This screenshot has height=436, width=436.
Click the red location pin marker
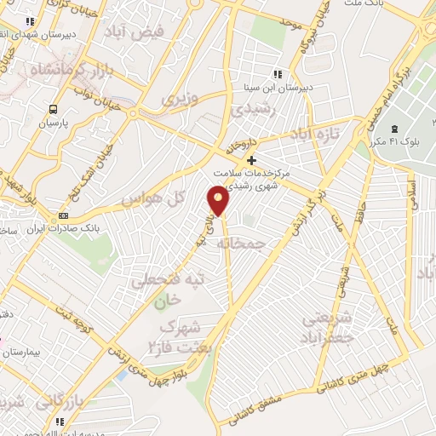pyautogui.click(x=220, y=201)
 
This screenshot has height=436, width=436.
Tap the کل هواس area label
pyautogui.click(x=153, y=198)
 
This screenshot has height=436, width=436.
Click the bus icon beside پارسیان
pyautogui.click(x=54, y=110)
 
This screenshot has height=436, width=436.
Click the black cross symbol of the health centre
pyautogui.click(x=250, y=160)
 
